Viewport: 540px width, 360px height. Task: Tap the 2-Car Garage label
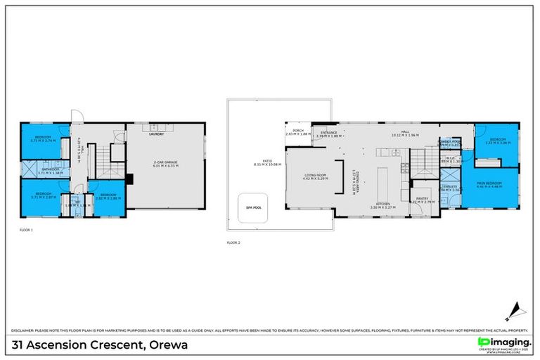click(x=167, y=165)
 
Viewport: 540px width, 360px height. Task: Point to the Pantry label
click(x=422, y=200)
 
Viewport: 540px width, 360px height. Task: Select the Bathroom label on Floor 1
click(x=50, y=170)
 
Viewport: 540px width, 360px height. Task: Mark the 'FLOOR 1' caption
click(x=27, y=230)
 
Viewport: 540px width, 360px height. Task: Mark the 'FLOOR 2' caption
click(x=233, y=243)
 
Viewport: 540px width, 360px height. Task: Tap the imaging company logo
click(x=502, y=342)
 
